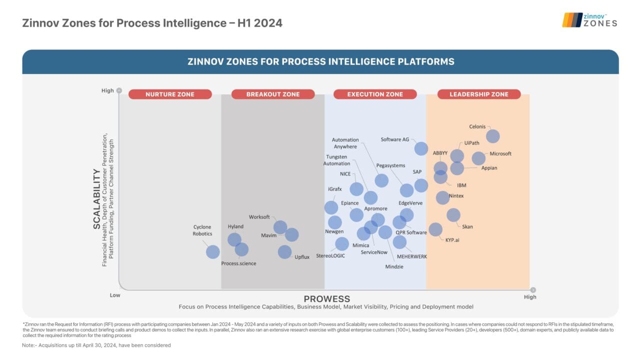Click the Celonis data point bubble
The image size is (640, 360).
click(x=492, y=136)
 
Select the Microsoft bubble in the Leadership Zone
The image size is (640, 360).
click(x=478, y=158)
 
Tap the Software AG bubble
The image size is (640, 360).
click(x=421, y=148)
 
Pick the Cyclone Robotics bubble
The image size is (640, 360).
click(x=212, y=251)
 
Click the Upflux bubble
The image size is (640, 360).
click(x=284, y=251)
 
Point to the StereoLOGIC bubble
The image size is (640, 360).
click(x=341, y=243)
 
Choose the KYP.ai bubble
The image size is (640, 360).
click(x=435, y=229)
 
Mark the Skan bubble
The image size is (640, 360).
click(x=453, y=215)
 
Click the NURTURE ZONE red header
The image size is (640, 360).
click(x=170, y=94)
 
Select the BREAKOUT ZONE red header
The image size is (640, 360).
click(x=272, y=94)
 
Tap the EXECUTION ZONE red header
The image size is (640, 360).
click(x=375, y=94)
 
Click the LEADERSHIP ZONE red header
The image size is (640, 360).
click(x=478, y=94)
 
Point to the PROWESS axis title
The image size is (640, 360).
click(x=326, y=299)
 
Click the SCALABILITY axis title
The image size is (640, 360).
click(x=96, y=198)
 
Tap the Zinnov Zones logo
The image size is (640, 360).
click(x=589, y=20)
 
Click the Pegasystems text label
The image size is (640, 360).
click(x=390, y=165)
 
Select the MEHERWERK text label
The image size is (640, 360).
click(x=411, y=256)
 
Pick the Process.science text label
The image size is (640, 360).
click(x=238, y=263)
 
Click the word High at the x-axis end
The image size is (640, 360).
click(x=529, y=297)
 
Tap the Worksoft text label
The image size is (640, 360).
click(x=259, y=217)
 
